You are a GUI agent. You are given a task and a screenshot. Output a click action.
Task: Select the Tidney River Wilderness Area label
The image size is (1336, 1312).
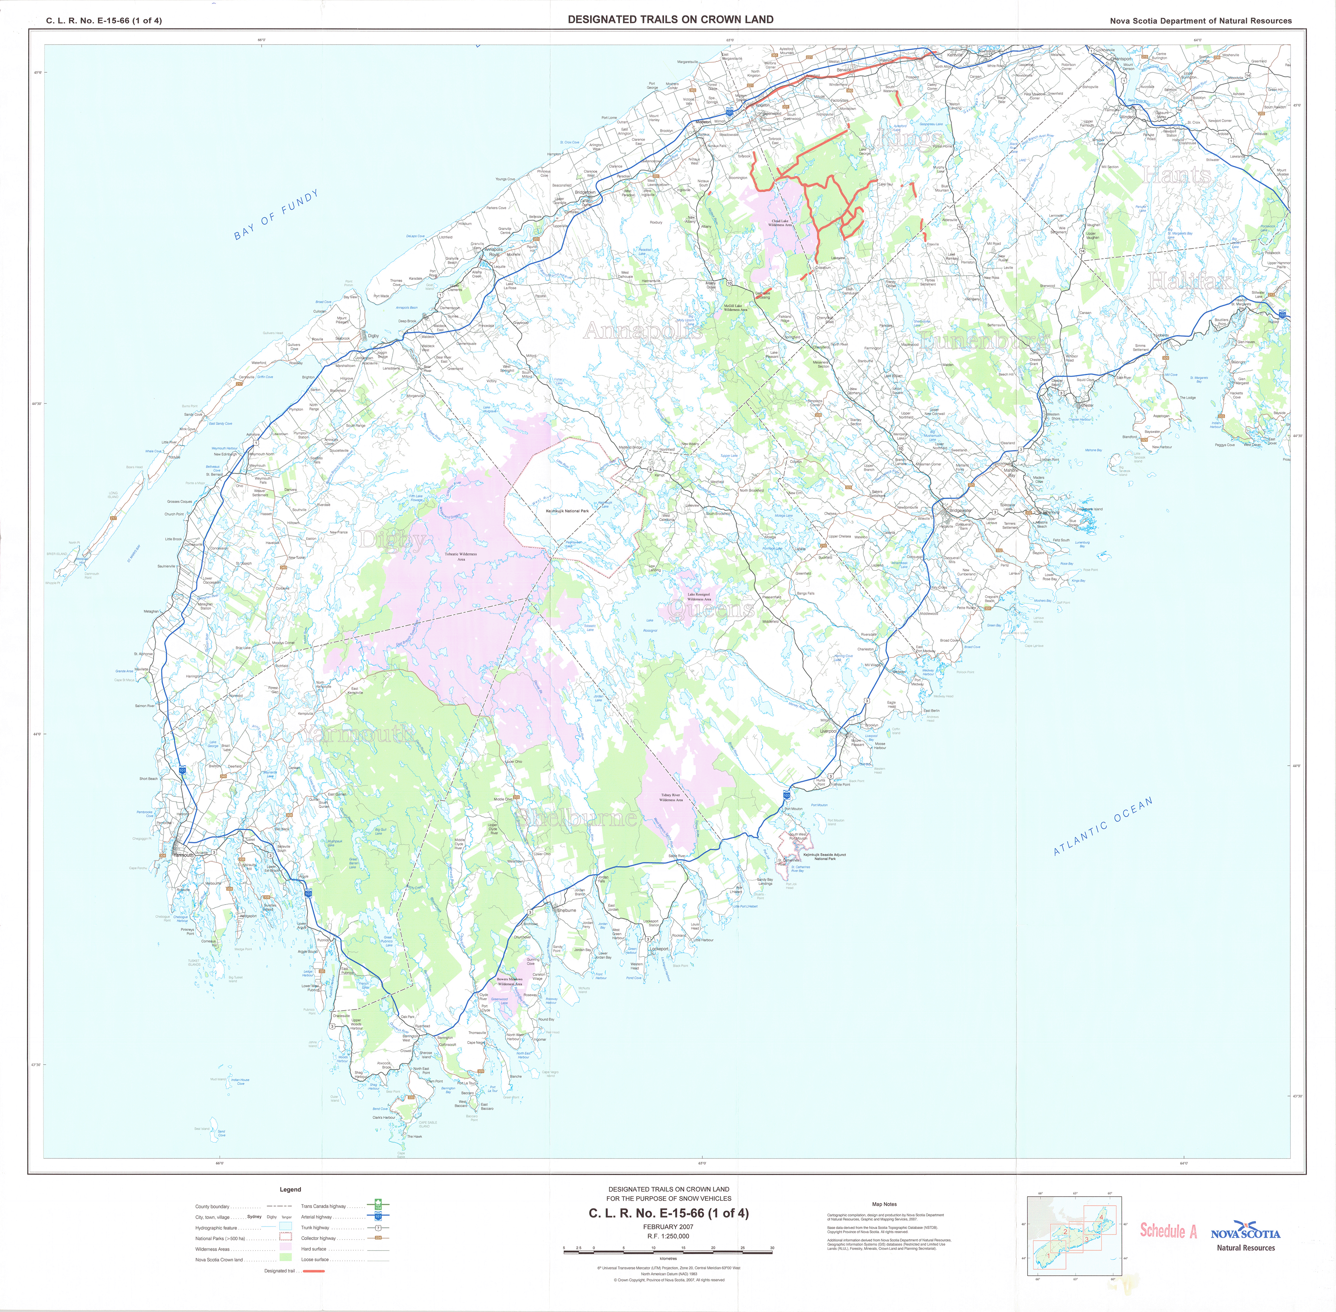(x=671, y=797)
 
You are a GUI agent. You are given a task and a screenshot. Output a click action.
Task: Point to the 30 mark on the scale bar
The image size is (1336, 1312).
(x=772, y=1248)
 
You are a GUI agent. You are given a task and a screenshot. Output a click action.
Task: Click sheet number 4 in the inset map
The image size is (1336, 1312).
(x=1101, y=1217)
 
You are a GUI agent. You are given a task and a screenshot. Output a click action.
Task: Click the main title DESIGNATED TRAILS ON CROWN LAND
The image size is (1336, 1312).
(x=670, y=19)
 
